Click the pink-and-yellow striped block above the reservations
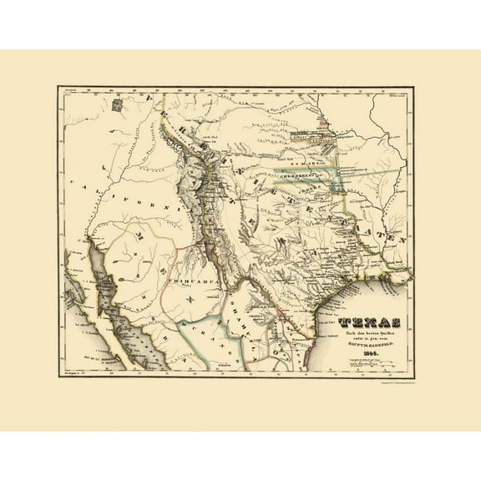[328, 129]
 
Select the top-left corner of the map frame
[58, 88]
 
